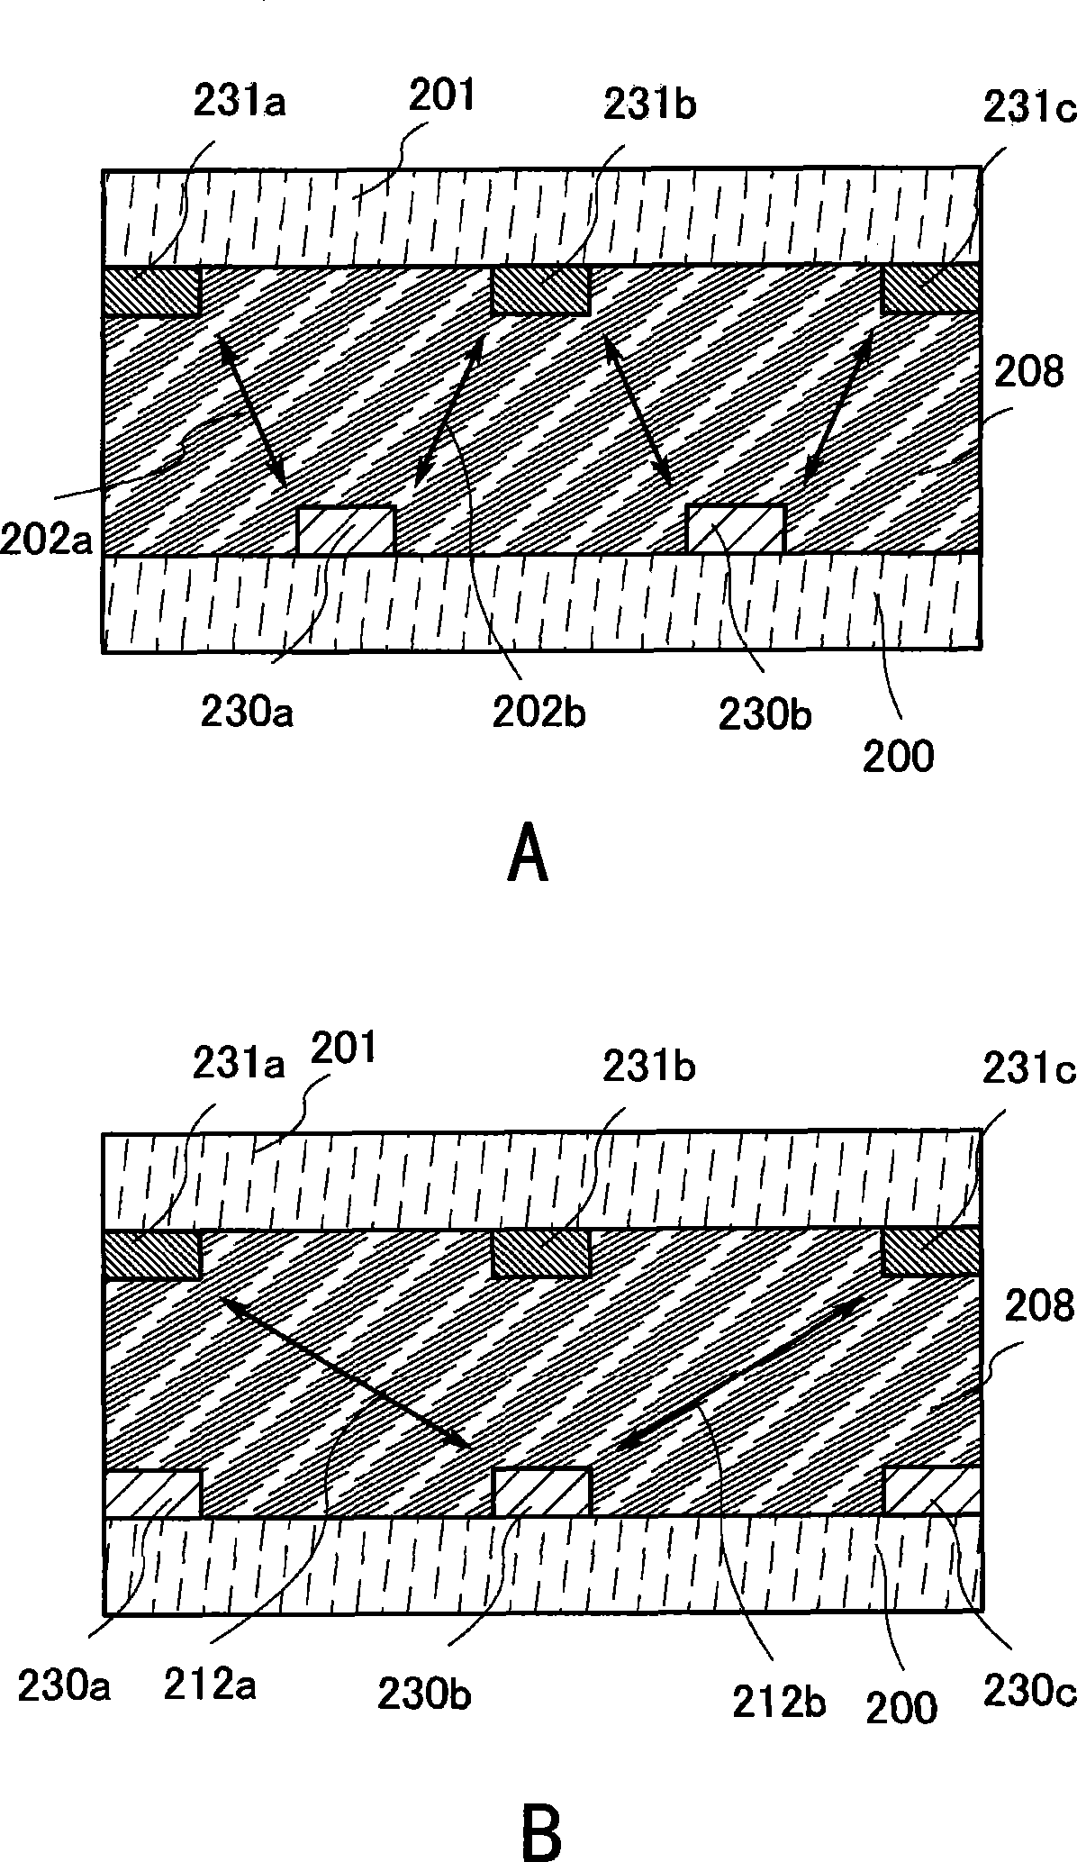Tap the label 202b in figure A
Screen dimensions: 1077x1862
(538, 713)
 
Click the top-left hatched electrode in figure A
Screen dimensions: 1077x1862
(151, 291)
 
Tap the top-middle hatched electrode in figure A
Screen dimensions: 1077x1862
(540, 290)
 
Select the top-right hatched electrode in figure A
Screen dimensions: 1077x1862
(930, 290)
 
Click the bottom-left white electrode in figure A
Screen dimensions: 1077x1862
(346, 531)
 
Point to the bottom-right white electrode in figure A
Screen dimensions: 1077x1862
(736, 531)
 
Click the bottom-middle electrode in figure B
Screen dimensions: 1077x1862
(541, 1493)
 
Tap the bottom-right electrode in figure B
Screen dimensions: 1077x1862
(931, 1492)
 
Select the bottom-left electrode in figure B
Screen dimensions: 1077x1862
(151, 1494)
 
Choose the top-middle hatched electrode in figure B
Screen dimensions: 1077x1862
(540, 1253)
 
